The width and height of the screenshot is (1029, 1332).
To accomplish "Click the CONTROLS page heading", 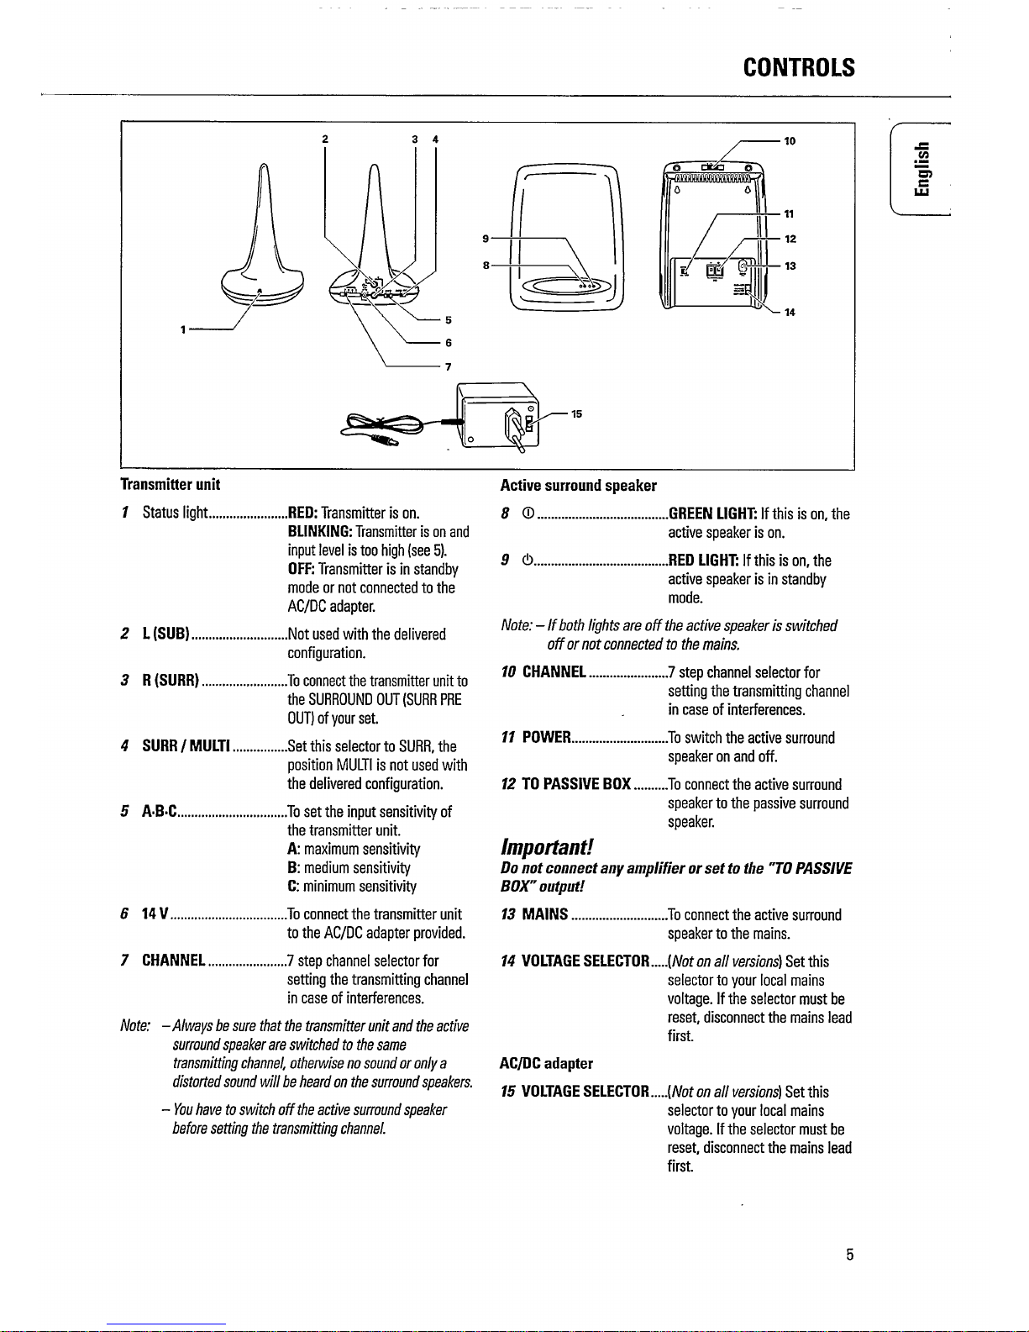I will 799,67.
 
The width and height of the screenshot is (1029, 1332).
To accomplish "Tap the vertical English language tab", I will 924,171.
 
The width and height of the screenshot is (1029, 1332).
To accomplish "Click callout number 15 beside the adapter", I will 576,413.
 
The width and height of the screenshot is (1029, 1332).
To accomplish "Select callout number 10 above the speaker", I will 790,141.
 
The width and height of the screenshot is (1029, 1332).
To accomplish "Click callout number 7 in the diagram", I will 449,366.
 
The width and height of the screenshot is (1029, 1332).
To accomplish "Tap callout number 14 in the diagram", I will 790,313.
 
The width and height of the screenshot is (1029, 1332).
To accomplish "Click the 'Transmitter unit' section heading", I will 171,484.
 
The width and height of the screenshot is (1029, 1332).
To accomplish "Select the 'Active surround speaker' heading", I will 579,485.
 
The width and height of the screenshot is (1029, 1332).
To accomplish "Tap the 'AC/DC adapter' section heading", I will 546,1064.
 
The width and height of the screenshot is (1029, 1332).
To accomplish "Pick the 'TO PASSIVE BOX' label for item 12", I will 576,784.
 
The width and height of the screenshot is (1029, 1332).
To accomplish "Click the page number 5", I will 850,1256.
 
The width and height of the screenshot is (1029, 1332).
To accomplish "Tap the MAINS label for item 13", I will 545,914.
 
